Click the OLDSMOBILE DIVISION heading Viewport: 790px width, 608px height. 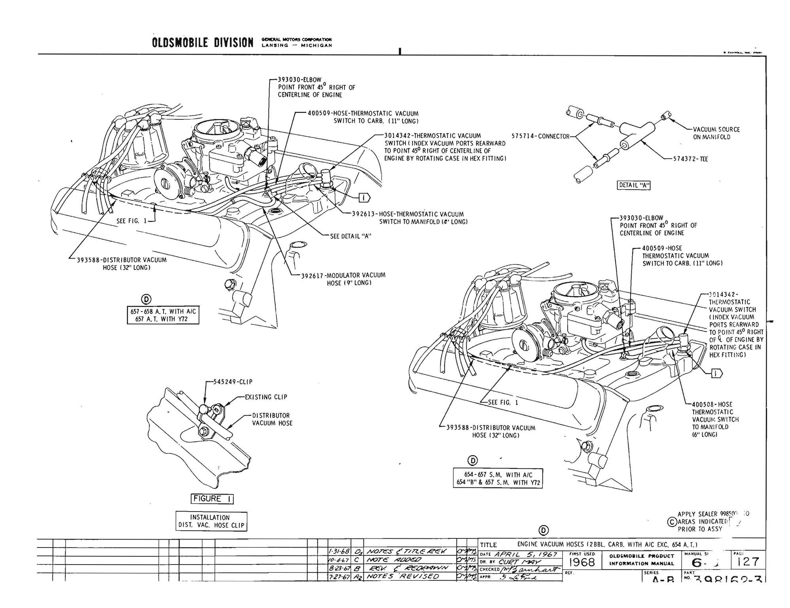202,43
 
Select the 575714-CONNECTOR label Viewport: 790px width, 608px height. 540,136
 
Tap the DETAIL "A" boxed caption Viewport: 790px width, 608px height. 633,185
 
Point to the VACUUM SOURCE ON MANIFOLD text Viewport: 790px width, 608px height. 716,133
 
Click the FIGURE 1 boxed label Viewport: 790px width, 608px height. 212,499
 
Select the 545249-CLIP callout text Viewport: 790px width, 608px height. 233,382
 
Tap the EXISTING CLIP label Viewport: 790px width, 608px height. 266,397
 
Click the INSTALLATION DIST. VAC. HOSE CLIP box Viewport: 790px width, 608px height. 211,521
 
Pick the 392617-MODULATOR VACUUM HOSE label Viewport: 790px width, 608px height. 343,279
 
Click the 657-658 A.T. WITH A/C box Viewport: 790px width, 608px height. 163,315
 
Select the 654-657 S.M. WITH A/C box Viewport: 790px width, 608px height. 498,479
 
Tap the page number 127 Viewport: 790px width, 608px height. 748,562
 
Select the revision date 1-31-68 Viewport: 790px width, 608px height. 339,551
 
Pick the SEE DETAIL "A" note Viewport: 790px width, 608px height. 350,236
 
